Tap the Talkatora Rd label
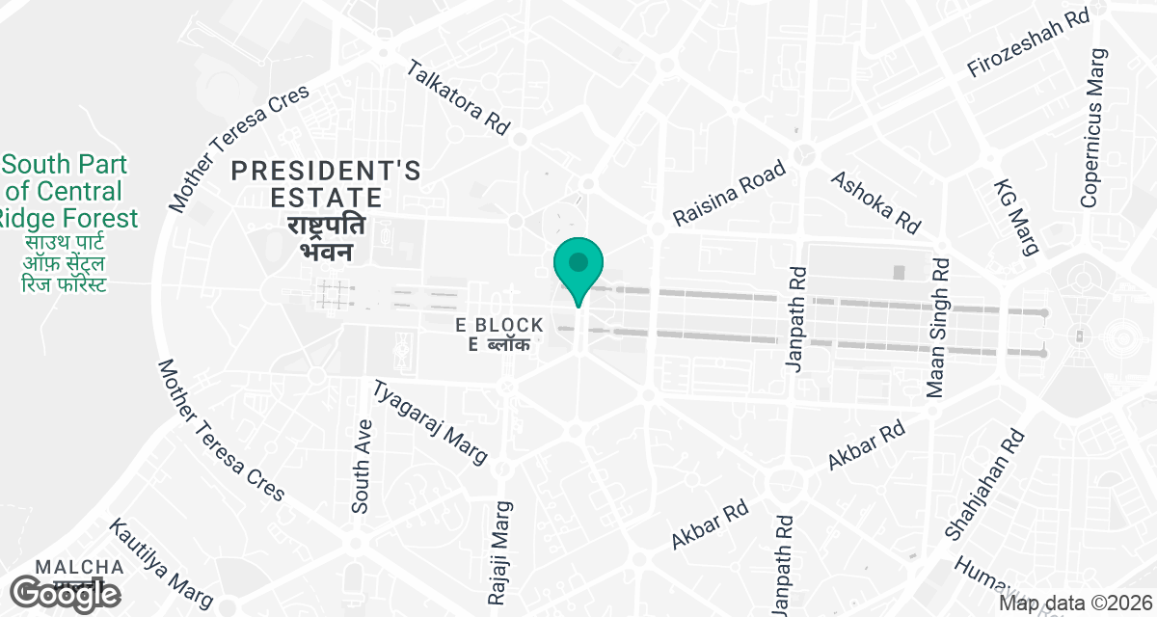456,97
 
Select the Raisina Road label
729,194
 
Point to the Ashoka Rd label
875,202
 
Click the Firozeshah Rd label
1028,44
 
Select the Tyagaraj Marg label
430,421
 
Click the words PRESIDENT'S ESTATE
327,184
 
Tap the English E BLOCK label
500,326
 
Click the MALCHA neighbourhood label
79,567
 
